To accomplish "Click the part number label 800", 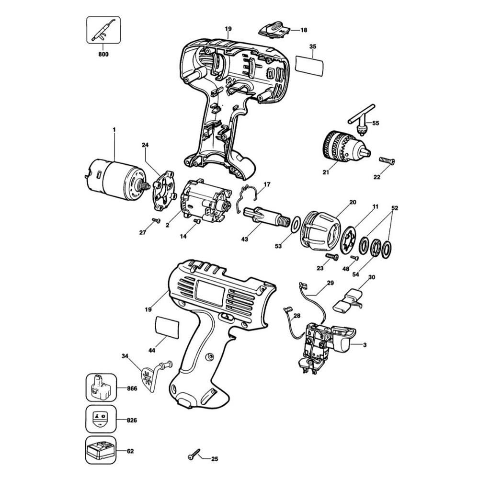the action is [103, 55].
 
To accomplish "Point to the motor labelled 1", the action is [116, 181].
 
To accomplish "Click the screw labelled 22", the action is [387, 160].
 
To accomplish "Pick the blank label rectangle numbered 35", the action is [309, 66].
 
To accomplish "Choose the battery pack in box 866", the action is [101, 388].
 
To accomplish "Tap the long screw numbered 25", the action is [194, 454].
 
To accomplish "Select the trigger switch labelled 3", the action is [327, 348].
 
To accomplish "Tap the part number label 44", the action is [152, 351].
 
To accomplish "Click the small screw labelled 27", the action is [156, 220].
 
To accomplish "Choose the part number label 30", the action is [372, 277].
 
